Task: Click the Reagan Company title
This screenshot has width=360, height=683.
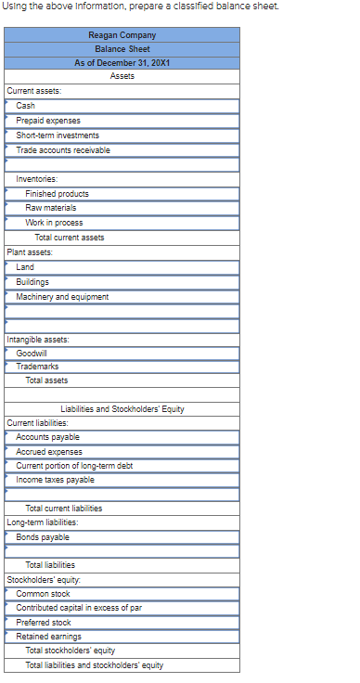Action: pyautogui.click(x=123, y=34)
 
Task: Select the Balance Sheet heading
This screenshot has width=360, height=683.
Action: pyautogui.click(x=123, y=48)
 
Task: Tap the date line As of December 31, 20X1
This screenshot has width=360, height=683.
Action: pyautogui.click(x=123, y=62)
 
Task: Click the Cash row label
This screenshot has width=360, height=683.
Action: pyautogui.click(x=25, y=106)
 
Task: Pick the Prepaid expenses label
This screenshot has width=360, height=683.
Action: pyautogui.click(x=48, y=121)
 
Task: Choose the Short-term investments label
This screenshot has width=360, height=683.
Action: pyautogui.click(x=58, y=135)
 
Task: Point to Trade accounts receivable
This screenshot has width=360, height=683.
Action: pyautogui.click(x=62, y=150)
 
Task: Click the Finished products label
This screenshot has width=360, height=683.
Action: pyautogui.click(x=58, y=194)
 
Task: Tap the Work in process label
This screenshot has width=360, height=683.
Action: pyautogui.click(x=54, y=223)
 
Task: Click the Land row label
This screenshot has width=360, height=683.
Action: pyautogui.click(x=25, y=267)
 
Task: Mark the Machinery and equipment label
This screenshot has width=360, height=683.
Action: pyautogui.click(x=62, y=297)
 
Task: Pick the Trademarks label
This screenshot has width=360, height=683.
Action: pyautogui.click(x=37, y=367)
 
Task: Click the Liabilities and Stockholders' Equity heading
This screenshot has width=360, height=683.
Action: pyautogui.click(x=123, y=409)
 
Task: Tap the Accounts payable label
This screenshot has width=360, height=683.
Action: pyautogui.click(x=47, y=437)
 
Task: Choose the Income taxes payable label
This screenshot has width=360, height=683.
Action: pyautogui.click(x=55, y=480)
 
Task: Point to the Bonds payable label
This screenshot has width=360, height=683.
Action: pyautogui.click(x=42, y=537)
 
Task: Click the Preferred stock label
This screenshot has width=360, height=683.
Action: pyautogui.click(x=43, y=623)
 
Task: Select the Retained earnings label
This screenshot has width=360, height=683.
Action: pyautogui.click(x=48, y=637)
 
